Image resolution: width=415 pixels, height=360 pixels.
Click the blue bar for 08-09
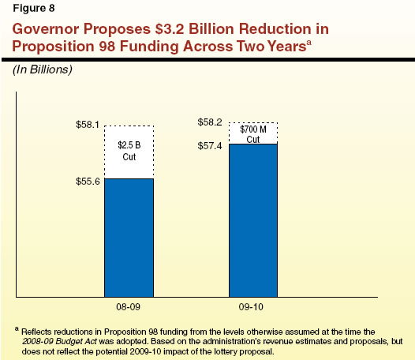click(129, 237)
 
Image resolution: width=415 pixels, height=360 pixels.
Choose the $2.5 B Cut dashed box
click(129, 152)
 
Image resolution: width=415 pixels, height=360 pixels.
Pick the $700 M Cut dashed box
click(253, 133)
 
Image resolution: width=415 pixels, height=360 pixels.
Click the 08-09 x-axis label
click(129, 305)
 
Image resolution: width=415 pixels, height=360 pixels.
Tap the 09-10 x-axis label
click(253, 305)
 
